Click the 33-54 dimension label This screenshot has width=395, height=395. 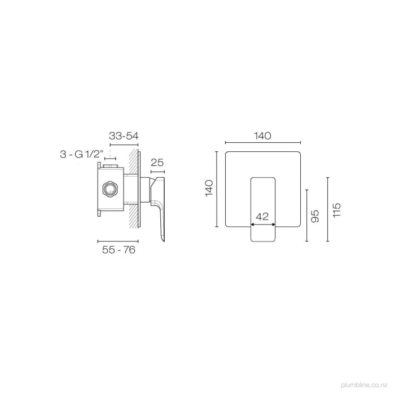124,136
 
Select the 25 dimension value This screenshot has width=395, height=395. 157,163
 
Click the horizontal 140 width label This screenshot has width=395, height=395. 262,136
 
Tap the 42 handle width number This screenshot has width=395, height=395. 262,216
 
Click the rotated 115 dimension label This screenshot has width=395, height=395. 337,209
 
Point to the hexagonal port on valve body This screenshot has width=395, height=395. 109,189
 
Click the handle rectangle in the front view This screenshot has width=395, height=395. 262,209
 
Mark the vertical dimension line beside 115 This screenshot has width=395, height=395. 327,209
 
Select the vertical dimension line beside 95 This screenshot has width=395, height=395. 306,215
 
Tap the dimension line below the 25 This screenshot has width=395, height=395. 157,170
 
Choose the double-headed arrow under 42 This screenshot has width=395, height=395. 262,224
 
